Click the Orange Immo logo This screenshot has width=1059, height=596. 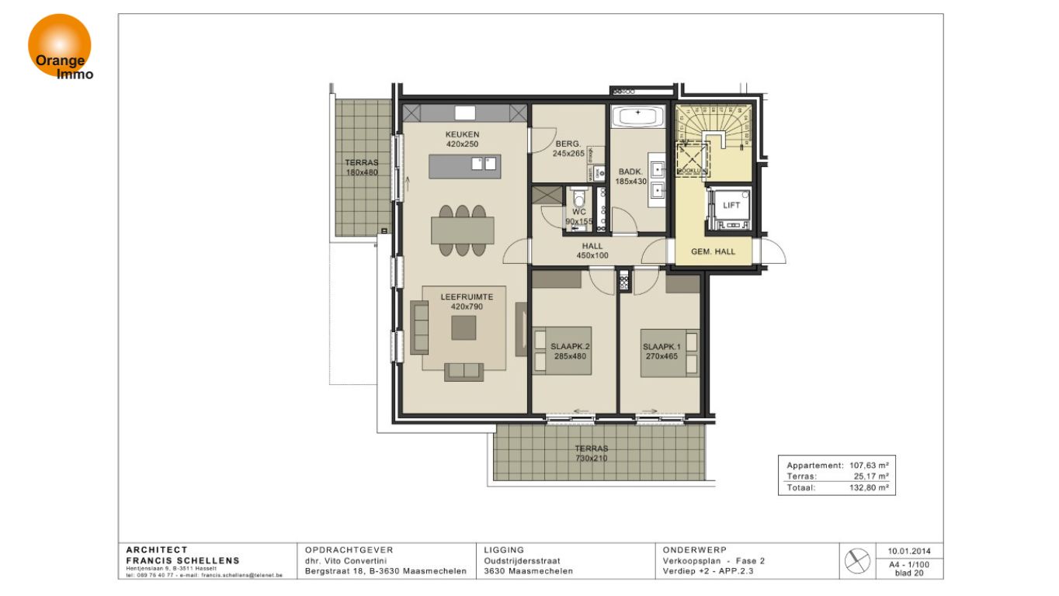(61, 47)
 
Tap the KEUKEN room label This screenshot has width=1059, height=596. (462, 134)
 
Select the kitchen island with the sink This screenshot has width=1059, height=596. (464, 165)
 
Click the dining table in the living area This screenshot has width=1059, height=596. (463, 230)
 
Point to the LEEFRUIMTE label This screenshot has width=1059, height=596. (462, 296)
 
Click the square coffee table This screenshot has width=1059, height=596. (464, 327)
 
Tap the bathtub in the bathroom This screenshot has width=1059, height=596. (638, 116)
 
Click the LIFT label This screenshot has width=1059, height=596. (731, 206)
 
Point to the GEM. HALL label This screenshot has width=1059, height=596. (713, 252)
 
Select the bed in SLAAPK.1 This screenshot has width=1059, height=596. (669, 353)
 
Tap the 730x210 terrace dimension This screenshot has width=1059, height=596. (591, 459)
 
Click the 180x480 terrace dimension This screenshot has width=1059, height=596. (361, 172)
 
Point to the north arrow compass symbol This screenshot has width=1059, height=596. (857, 560)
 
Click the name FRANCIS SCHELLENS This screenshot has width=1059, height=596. (182, 560)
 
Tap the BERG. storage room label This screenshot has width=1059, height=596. (567, 144)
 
